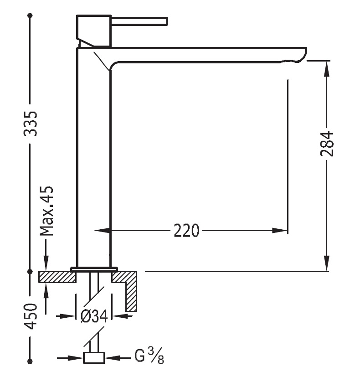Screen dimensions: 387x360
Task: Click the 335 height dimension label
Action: pyautogui.click(x=31, y=123)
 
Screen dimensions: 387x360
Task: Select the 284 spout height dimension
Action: pyautogui.click(x=327, y=144)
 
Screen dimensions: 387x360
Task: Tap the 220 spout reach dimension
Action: pyautogui.click(x=186, y=231)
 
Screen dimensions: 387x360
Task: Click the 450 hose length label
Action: pyautogui.click(x=31, y=316)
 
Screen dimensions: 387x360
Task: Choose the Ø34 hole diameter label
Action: pyautogui.click(x=94, y=316)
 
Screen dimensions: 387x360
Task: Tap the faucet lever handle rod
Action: pyautogui.click(x=139, y=21)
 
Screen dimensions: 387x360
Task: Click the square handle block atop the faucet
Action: pyautogui.click(x=94, y=30)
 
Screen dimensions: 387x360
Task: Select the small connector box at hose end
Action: pyautogui.click(x=94, y=358)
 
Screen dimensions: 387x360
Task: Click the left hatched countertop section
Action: pyautogui.click(x=57, y=277)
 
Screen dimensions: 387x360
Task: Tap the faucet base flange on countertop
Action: pyautogui.click(x=94, y=269)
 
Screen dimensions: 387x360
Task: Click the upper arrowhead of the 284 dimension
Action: pyautogui.click(x=327, y=67)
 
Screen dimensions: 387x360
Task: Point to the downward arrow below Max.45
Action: pyautogui.click(x=46, y=264)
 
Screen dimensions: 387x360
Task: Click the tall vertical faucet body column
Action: pyautogui.click(x=94, y=160)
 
